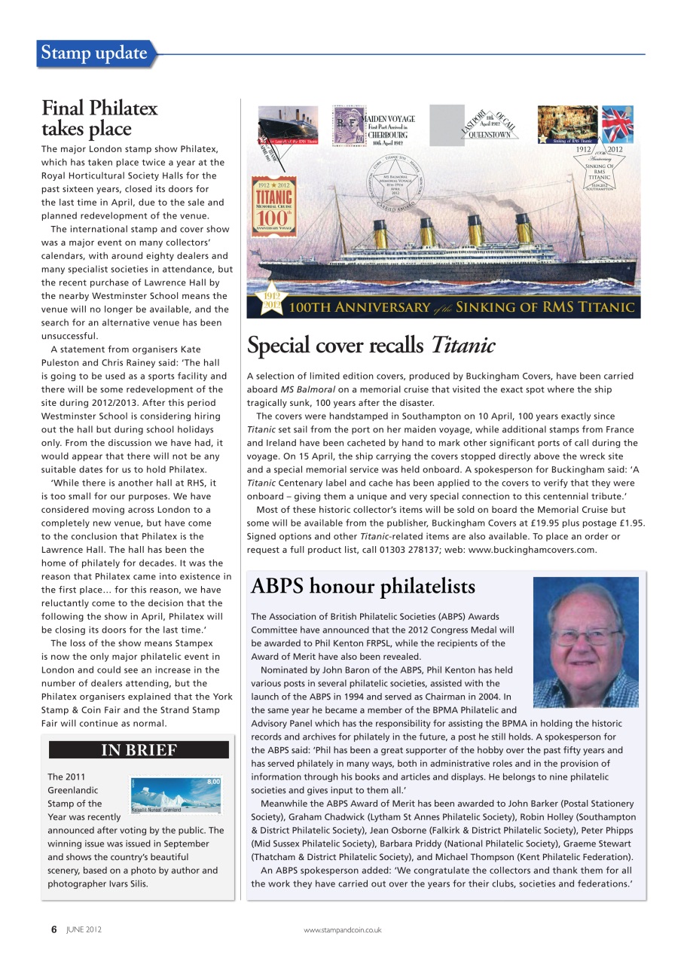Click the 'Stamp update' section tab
click(95, 53)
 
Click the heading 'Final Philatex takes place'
click(99, 118)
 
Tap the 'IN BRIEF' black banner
click(139, 750)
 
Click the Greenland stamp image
click(176, 795)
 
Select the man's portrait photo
click(585, 642)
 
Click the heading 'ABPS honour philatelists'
click(362, 587)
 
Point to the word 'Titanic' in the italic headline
click(463, 346)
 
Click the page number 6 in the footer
click(53, 929)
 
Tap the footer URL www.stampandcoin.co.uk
click(343, 930)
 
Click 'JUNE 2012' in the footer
click(83, 930)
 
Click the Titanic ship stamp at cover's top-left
click(289, 124)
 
